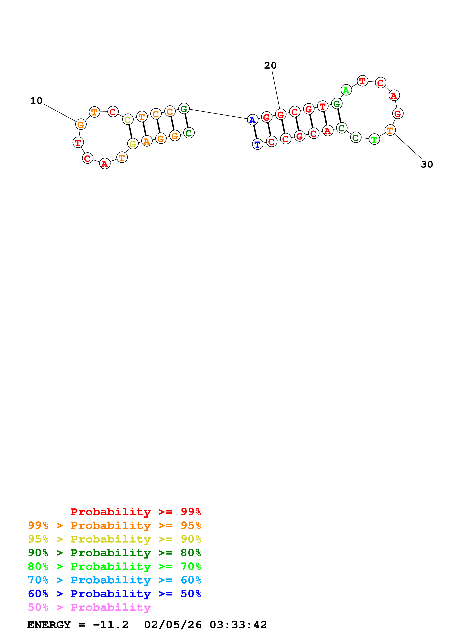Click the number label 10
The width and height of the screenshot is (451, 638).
(36, 101)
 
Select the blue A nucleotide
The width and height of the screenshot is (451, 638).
(252, 120)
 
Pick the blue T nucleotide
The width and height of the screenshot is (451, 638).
(258, 144)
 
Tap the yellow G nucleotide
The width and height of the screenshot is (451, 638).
(133, 144)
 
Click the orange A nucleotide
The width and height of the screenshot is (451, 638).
(147, 141)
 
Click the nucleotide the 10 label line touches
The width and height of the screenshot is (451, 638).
(81, 124)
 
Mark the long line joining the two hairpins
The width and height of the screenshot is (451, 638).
(218, 114)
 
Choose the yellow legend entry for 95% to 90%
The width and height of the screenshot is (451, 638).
(114, 539)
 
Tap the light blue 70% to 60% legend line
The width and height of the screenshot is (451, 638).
(114, 580)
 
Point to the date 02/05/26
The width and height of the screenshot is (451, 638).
(173, 625)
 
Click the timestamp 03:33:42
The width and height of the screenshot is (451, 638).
(238, 625)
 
